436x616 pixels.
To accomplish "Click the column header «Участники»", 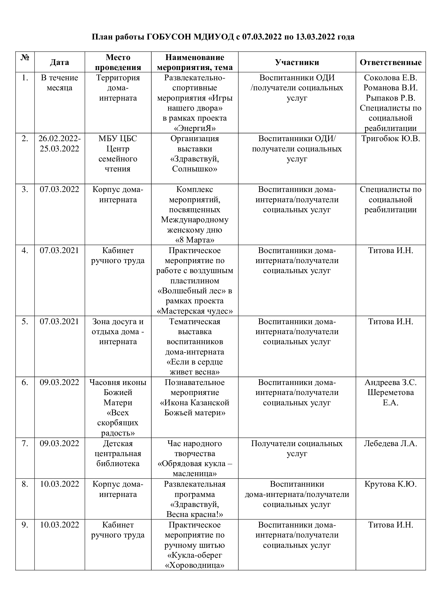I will [x=297, y=62].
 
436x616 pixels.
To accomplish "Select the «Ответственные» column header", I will [x=390, y=62].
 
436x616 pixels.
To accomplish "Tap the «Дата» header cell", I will [x=59, y=62].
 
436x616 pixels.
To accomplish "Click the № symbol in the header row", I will [x=25, y=57].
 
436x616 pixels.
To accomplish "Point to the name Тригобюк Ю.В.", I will [x=390, y=139].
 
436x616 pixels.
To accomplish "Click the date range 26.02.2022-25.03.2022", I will [x=59, y=144].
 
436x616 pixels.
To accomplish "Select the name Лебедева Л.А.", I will [x=390, y=443].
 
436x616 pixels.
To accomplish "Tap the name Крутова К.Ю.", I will [x=390, y=484].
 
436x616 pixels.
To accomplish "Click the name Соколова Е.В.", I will [x=390, y=78].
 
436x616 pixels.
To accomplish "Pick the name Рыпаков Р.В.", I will [x=390, y=98].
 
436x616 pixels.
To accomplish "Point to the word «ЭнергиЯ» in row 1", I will [x=195, y=128].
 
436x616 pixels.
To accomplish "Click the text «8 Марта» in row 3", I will [x=195, y=240].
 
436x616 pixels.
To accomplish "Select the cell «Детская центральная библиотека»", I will [x=118, y=454].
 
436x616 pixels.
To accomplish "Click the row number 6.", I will [x=25, y=382].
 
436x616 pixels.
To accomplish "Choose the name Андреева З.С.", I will [x=390, y=382].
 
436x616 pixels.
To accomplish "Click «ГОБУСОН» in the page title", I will [x=169, y=37].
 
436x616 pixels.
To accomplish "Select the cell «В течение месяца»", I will [x=59, y=83].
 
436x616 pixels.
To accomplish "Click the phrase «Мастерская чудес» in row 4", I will [x=195, y=311].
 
